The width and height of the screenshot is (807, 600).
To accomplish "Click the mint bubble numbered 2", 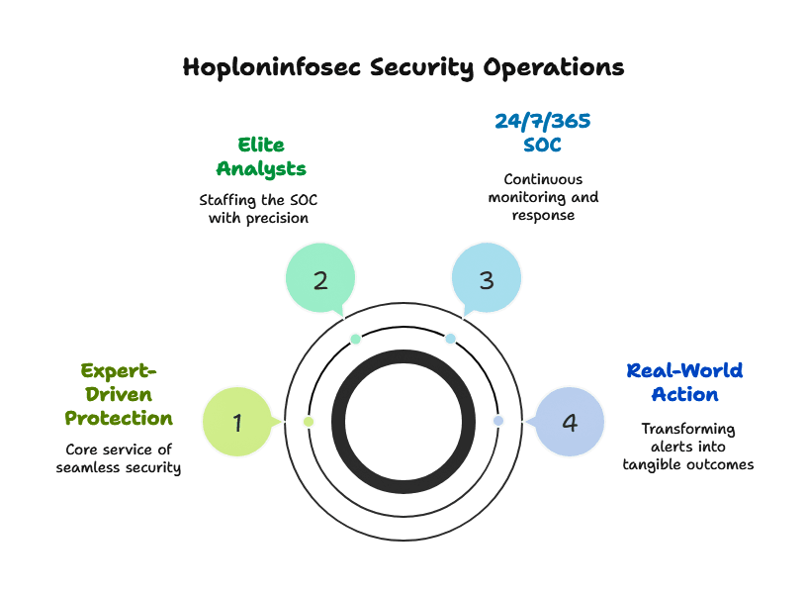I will coord(320,280).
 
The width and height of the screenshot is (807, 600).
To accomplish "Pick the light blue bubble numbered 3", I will coord(486,280).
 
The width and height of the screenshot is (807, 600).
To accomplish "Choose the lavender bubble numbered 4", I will coord(569,423).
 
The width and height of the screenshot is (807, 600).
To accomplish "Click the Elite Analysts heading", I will coord(262,157).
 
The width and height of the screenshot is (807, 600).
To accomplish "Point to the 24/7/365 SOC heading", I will coord(542,134).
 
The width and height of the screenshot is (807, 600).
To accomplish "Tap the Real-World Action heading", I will coord(684,383).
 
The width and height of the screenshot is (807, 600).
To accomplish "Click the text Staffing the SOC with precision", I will coord(258,209).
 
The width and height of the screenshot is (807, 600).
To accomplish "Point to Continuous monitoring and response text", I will coord(543,197).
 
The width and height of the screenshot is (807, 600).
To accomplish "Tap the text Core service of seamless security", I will coord(119,458).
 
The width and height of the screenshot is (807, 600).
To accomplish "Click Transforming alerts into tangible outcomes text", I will coord(687,447).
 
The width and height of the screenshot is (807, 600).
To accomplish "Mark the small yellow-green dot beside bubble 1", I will coord(309,422).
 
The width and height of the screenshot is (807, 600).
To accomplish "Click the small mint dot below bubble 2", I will coord(356,340).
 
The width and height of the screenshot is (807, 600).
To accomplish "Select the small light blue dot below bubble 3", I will coord(450,340).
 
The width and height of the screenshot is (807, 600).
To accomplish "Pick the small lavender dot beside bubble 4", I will coord(498,421).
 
